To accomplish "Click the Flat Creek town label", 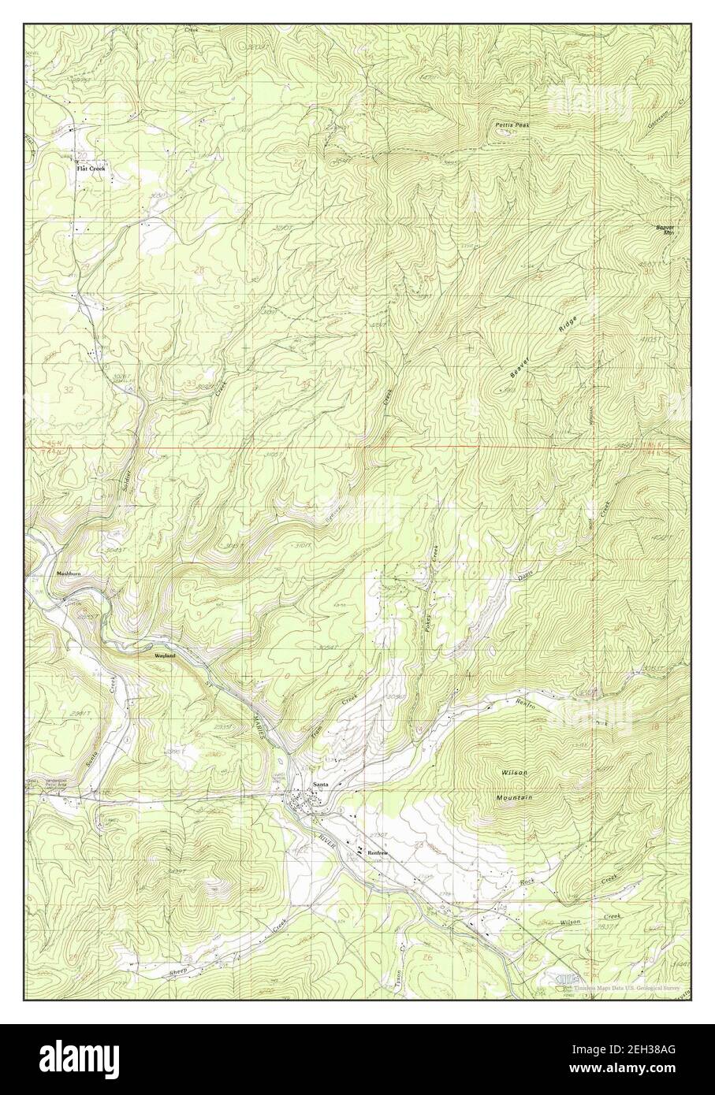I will pyautogui.click(x=89, y=168).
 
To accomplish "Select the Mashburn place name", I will pyautogui.click(x=69, y=573).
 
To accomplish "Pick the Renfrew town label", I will pyautogui.click(x=374, y=852).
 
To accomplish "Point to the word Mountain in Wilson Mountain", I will pyautogui.click(x=514, y=798).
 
